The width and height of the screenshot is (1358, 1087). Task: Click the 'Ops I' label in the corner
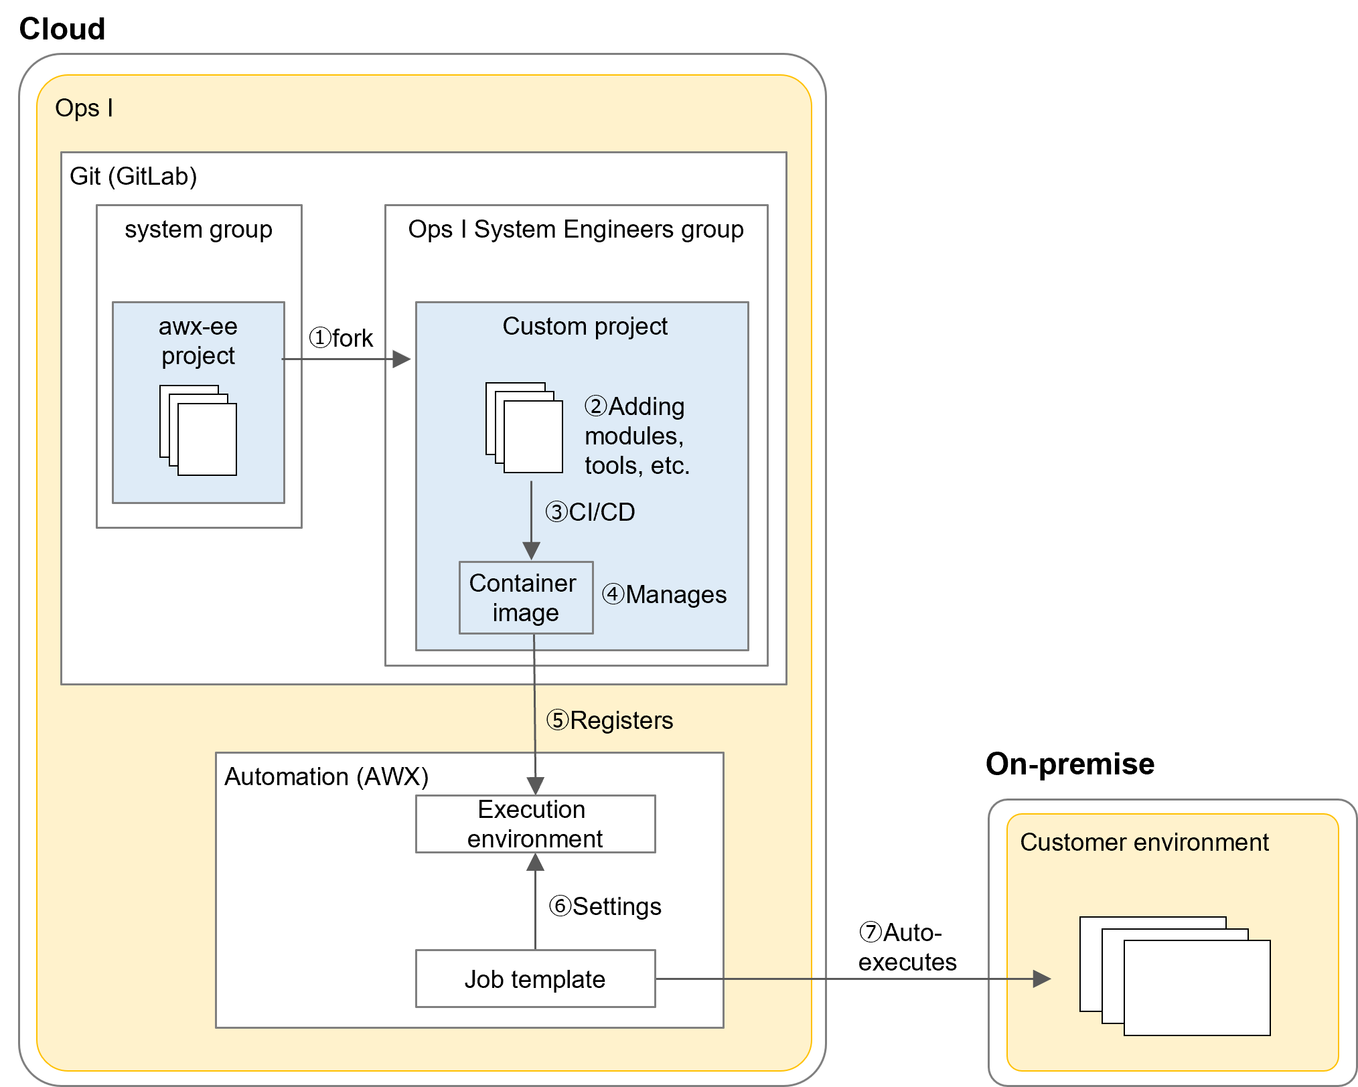[84, 108]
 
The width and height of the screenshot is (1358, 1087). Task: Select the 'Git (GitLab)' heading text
[133, 177]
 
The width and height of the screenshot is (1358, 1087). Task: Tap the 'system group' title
[198, 230]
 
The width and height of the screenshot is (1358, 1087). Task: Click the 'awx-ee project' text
[198, 341]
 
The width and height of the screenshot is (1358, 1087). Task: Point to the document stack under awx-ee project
[198, 430]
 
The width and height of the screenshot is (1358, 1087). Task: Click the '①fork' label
[341, 338]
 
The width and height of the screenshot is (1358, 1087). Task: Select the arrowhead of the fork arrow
[402, 359]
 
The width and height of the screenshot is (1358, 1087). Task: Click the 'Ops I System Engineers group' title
[576, 230]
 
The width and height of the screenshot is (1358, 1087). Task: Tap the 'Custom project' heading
[585, 327]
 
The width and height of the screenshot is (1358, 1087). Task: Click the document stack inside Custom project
[524, 428]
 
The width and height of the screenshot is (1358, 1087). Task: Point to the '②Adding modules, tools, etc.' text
[636, 436]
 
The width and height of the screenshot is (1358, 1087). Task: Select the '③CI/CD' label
[590, 512]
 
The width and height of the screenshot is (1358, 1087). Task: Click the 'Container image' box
[526, 598]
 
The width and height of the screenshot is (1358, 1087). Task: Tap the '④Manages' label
[664, 594]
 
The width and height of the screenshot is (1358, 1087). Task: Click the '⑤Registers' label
[610, 721]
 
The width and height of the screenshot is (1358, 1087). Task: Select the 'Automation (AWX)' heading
[326, 777]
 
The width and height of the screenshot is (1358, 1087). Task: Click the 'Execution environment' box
[535, 824]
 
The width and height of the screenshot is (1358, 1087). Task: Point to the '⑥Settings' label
[605, 906]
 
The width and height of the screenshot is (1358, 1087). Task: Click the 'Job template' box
[535, 979]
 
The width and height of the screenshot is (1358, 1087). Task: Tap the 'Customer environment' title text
[1144, 843]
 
